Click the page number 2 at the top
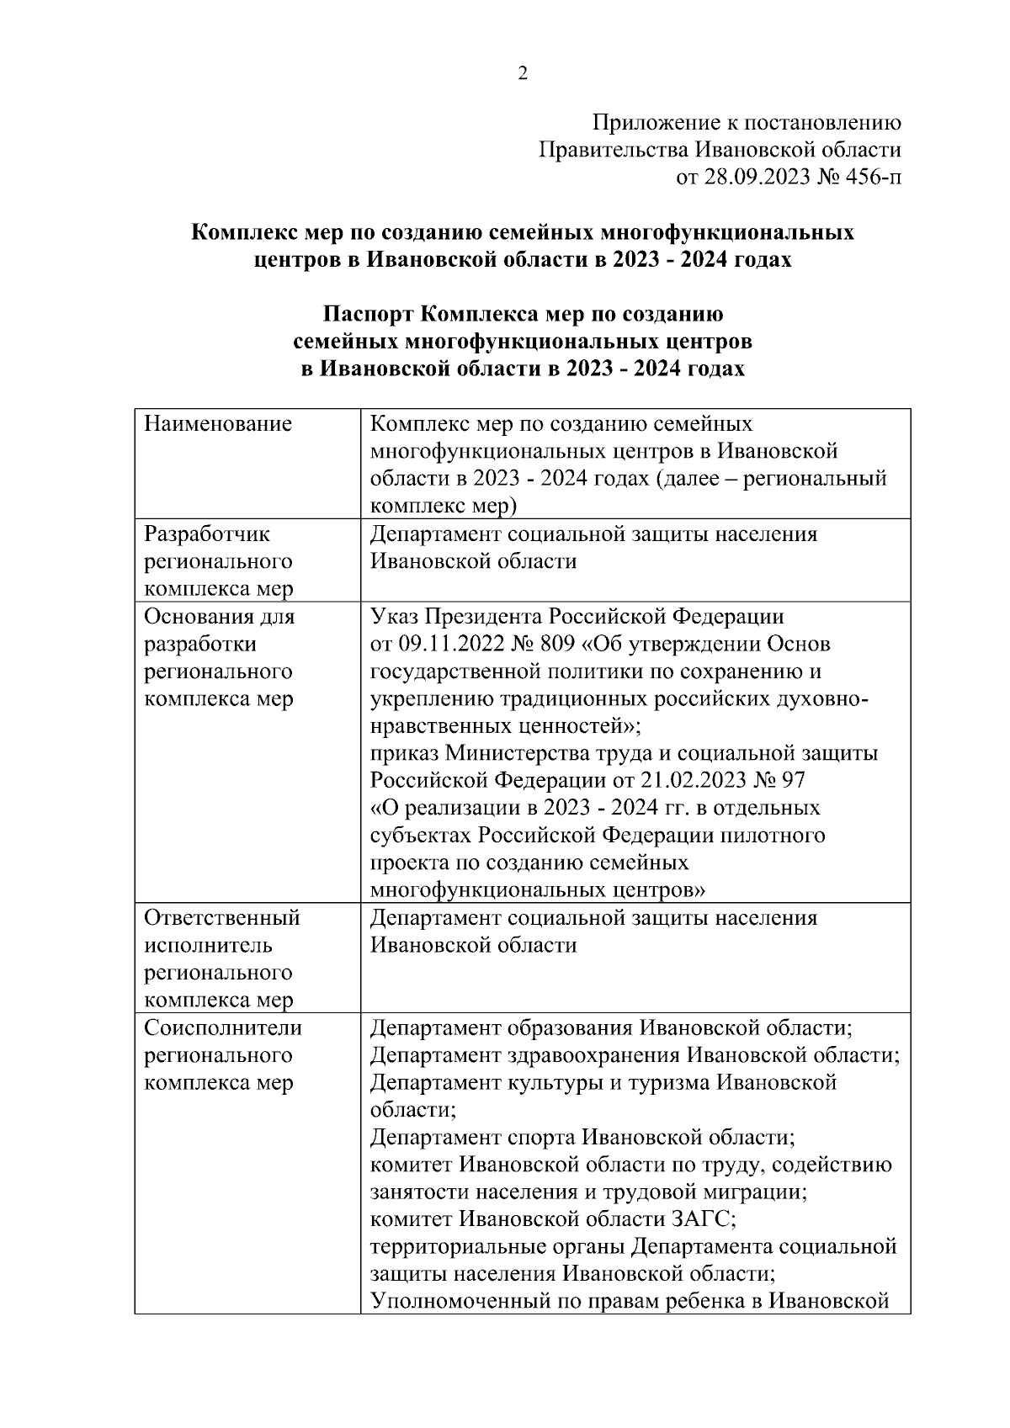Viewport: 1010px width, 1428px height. pyautogui.click(x=522, y=74)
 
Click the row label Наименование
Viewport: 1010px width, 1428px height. pyautogui.click(x=218, y=423)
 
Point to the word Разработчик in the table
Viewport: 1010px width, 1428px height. pyautogui.click(x=207, y=534)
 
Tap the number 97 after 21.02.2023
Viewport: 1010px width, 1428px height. pyautogui.click(x=793, y=780)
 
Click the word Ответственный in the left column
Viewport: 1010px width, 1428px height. pyautogui.click(x=222, y=917)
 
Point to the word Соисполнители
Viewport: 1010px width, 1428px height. pyautogui.click(x=223, y=1027)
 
